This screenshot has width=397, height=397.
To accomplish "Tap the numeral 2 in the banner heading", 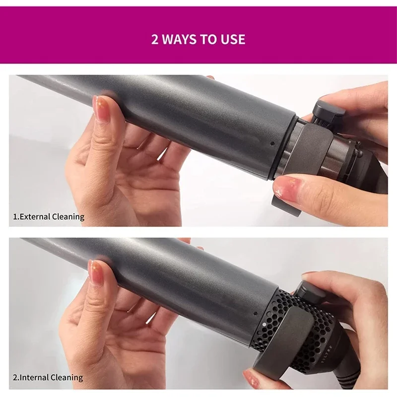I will point(155,39).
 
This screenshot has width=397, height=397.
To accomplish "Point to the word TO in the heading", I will point(211,39).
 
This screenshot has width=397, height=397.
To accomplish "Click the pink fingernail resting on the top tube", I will point(102,105).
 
